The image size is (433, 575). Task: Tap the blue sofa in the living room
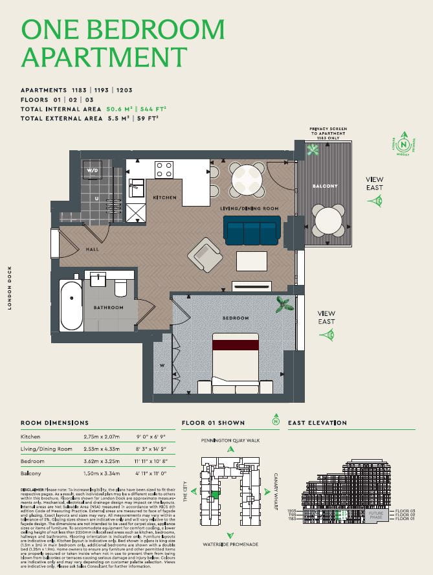[x=252, y=230]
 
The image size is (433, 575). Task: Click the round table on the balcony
[x=328, y=220]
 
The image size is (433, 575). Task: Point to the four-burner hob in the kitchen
[x=164, y=170]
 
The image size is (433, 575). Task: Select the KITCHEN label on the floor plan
[x=165, y=197]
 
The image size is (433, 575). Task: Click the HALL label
[x=93, y=249]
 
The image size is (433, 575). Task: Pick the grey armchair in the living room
[x=205, y=254]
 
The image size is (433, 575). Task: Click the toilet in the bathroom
[x=120, y=286]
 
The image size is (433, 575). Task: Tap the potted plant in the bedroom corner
[x=283, y=304]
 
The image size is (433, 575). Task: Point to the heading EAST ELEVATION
[x=317, y=423]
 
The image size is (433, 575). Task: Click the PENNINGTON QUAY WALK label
[x=230, y=440]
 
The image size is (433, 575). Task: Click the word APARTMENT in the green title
[x=104, y=56]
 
